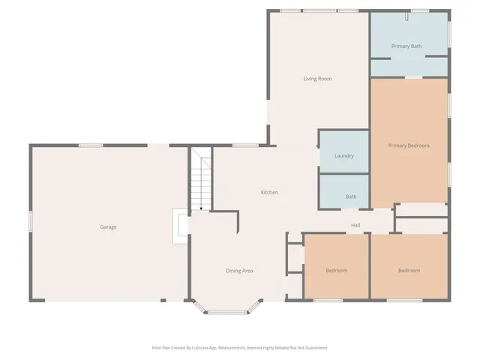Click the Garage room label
click(x=108, y=226)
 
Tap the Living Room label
click(x=317, y=79)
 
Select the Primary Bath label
click(x=406, y=46)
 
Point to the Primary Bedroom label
click(x=409, y=145)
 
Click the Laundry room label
click(x=343, y=156)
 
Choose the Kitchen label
click(x=269, y=193)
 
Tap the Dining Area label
click(x=239, y=270)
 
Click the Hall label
click(x=357, y=226)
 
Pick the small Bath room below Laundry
click(x=351, y=196)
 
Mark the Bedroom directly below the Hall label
click(x=336, y=270)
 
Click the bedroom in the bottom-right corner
click(x=409, y=270)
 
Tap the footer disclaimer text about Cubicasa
click(x=240, y=347)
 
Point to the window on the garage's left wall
click(x=31, y=222)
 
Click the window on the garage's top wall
click(x=91, y=145)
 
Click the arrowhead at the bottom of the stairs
click(x=201, y=208)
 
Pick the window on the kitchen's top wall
click(x=244, y=145)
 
